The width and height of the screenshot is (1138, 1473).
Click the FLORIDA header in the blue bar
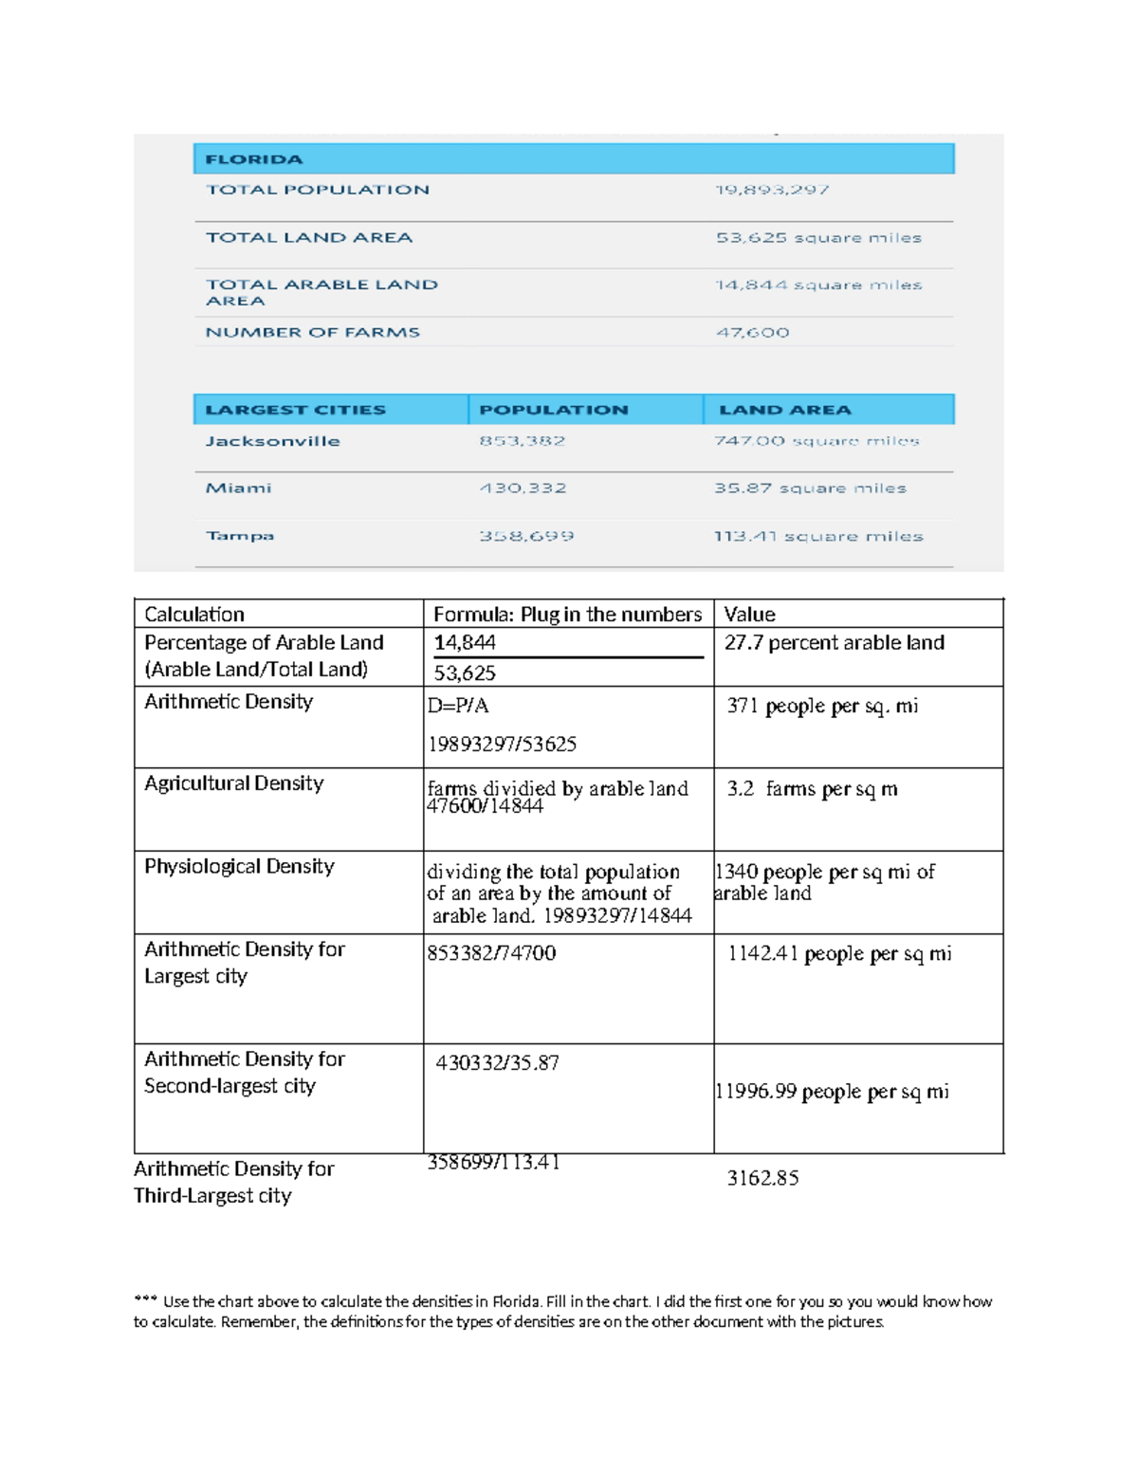pos(254,159)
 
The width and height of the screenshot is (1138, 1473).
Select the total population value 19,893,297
pos(772,190)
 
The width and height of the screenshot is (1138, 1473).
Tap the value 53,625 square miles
pos(818,237)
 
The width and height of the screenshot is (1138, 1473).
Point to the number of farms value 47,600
pos(752,332)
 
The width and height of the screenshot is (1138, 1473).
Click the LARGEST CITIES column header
pos(295,410)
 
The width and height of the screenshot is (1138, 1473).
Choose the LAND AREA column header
pos(785,410)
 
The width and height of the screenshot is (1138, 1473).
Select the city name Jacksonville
pos(272,441)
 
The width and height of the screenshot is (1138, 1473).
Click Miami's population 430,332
pos(523,488)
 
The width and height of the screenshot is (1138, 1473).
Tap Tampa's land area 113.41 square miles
pos(818,536)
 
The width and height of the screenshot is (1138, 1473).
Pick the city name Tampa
pos(240,536)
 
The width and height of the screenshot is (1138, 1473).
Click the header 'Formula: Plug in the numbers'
pos(567,615)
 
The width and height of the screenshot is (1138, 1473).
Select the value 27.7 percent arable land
pos(835,643)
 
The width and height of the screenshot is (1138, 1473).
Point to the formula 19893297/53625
pos(502,745)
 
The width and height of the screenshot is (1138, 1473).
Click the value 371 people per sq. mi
pos(822,707)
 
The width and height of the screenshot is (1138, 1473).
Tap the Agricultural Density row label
pos(233,783)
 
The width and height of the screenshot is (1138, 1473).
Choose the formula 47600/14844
pos(485,807)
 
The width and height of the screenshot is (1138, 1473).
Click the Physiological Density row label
pos(239,867)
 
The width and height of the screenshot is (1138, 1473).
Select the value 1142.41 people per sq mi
pos(839,954)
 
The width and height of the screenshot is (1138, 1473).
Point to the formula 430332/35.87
pos(497,1063)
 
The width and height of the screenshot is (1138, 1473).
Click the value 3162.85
pos(762,1179)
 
